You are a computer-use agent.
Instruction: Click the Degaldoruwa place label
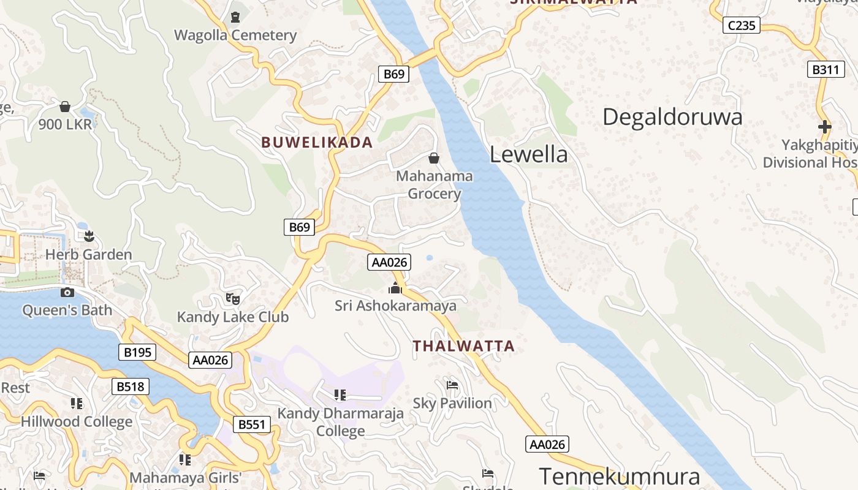[x=672, y=117]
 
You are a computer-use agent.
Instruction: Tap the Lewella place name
[x=528, y=154]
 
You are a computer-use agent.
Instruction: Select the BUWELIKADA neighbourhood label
[x=317, y=143]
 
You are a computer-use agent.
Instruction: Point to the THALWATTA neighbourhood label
[x=463, y=346]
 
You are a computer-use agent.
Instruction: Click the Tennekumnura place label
[x=619, y=476]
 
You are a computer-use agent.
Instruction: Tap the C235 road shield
[x=741, y=25]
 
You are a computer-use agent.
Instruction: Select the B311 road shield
[x=824, y=69]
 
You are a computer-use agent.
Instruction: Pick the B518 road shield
[x=130, y=386]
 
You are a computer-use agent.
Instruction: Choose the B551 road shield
[x=252, y=424]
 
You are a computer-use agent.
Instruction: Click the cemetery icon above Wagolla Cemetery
[x=235, y=17]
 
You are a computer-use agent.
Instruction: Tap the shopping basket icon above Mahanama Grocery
[x=434, y=158]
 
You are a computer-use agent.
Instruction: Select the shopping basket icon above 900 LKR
[x=65, y=107]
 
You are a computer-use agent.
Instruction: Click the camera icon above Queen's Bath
[x=67, y=293]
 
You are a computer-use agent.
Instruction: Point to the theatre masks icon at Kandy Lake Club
[x=232, y=299]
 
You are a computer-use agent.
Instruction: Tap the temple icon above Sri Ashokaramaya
[x=395, y=287]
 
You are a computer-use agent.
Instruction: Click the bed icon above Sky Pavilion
[x=452, y=385]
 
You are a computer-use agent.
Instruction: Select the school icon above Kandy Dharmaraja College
[x=340, y=395]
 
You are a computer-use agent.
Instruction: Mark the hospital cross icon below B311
[x=825, y=127]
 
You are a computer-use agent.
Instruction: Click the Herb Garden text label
[x=89, y=255]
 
